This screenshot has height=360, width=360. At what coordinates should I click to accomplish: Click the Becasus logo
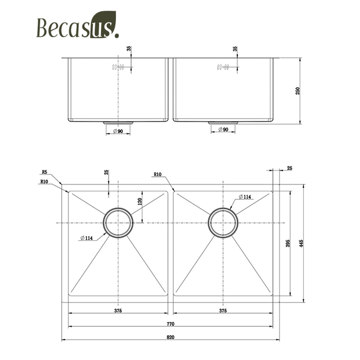point(78,26)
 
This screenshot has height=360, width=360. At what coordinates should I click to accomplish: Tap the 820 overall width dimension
point(170,337)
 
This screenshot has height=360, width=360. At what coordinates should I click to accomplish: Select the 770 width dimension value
point(170,323)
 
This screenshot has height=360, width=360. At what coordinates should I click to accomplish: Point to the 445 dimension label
point(301,244)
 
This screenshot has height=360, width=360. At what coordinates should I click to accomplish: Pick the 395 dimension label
point(287,244)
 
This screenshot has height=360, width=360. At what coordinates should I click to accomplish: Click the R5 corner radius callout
point(44,172)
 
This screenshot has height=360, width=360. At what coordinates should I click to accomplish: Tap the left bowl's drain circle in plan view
point(118,223)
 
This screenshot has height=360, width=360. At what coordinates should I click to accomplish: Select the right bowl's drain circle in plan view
point(223,223)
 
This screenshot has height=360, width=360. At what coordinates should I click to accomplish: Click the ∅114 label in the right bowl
point(245,196)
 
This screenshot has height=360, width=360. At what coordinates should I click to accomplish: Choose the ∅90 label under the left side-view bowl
point(118,132)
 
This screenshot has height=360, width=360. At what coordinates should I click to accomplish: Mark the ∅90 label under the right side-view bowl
point(222,130)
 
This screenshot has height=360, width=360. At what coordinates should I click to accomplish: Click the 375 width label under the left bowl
point(118,310)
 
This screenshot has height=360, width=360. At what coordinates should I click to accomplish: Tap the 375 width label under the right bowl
point(223,310)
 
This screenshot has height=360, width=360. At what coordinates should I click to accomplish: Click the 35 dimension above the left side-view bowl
point(130,49)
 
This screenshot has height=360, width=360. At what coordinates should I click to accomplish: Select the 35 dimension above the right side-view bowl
point(235,49)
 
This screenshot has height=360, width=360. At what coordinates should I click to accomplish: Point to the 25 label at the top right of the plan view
point(289,168)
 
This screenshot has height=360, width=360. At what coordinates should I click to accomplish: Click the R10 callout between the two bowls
point(157,174)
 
